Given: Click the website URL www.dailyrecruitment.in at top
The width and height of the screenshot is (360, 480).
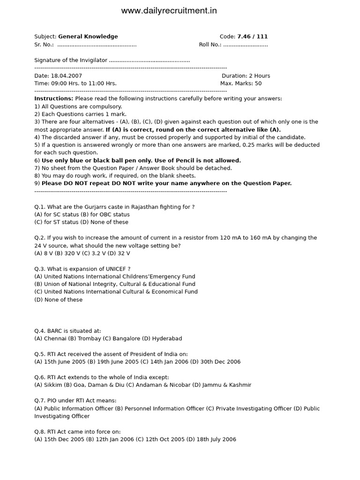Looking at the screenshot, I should (169, 11).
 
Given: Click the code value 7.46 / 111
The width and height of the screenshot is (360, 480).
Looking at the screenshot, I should (252, 37).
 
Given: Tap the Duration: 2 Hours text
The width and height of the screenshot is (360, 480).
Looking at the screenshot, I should (246, 76).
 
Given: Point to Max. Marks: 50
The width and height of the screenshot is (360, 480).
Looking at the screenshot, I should (241, 83).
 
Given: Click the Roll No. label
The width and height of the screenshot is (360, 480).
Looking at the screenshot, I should (210, 45).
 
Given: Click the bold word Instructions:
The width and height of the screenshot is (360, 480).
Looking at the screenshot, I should (53, 99).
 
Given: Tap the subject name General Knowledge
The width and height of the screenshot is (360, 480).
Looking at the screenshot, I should (88, 37).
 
